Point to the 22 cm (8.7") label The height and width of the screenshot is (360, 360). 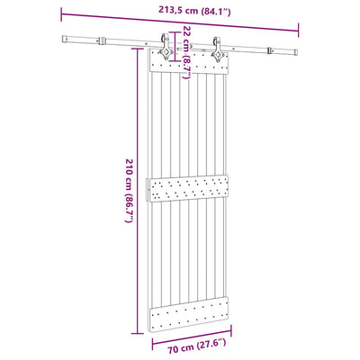click(x=186, y=49)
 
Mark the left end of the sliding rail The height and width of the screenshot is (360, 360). click(x=65, y=38)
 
